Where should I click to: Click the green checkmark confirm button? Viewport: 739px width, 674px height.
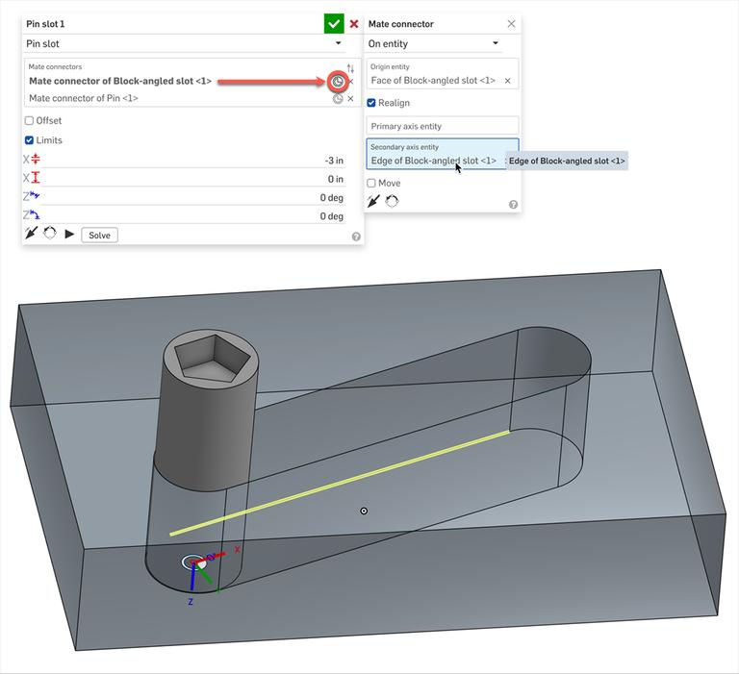[334, 24]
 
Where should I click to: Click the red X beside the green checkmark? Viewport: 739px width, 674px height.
[354, 24]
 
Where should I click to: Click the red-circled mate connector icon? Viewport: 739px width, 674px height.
[338, 82]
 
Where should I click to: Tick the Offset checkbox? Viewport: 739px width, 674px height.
[29, 121]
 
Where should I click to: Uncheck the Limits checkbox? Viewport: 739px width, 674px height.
[29, 140]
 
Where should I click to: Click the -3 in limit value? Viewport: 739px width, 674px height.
[333, 161]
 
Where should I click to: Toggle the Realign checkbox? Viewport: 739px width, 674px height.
[371, 103]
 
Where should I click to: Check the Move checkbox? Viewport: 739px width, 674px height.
[371, 183]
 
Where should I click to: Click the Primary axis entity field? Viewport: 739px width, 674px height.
[443, 126]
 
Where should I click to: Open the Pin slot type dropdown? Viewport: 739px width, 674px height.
[183, 43]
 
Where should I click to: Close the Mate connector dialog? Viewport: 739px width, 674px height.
[511, 24]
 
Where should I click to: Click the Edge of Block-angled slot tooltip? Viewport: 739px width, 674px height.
[567, 161]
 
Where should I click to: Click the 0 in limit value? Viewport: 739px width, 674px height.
[335, 179]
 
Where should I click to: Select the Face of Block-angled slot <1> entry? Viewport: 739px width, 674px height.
[434, 81]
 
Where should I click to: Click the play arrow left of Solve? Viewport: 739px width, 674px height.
[69, 235]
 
